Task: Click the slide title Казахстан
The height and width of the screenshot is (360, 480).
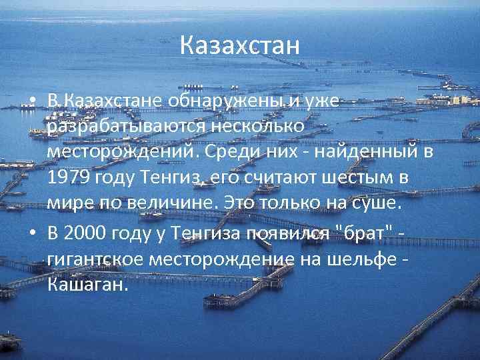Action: (x=240, y=47)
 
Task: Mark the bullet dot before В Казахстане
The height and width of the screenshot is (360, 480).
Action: (x=32, y=102)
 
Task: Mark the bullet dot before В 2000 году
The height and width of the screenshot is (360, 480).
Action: (x=32, y=233)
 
